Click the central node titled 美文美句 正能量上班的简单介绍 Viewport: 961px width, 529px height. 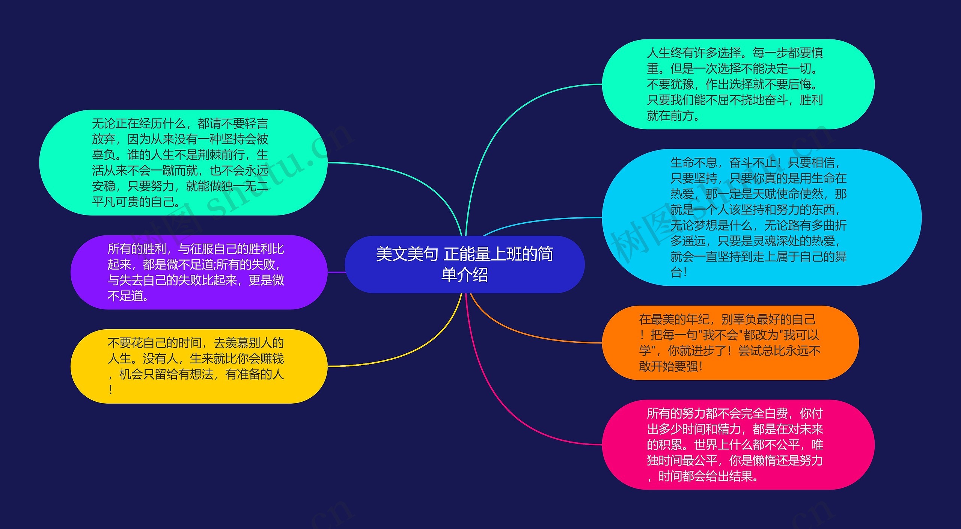click(x=464, y=264)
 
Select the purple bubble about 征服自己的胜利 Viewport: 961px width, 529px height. click(x=199, y=272)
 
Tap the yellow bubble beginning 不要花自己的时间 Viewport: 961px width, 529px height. click(x=199, y=366)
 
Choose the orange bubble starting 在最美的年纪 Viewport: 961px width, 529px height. click(x=730, y=342)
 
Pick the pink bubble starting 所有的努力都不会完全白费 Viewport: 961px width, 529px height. click(x=738, y=445)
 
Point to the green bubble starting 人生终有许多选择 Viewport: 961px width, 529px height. click(x=738, y=84)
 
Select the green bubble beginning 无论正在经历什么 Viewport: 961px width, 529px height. click(x=183, y=162)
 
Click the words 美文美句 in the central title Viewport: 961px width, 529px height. click(x=407, y=254)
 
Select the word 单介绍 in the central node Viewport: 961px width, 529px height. click(x=464, y=275)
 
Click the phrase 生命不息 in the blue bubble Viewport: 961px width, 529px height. click(x=694, y=163)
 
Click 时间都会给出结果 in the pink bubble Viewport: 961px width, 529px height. click(x=706, y=476)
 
